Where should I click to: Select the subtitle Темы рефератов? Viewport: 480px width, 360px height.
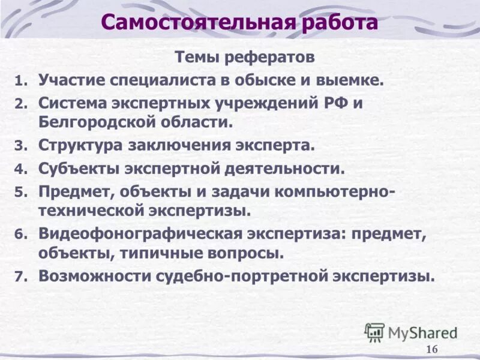pos(244,57)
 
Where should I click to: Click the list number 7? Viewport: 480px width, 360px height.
pos(21,277)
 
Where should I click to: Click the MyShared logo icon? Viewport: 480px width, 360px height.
pos(375,331)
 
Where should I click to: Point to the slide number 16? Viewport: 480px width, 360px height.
pos(432,350)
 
